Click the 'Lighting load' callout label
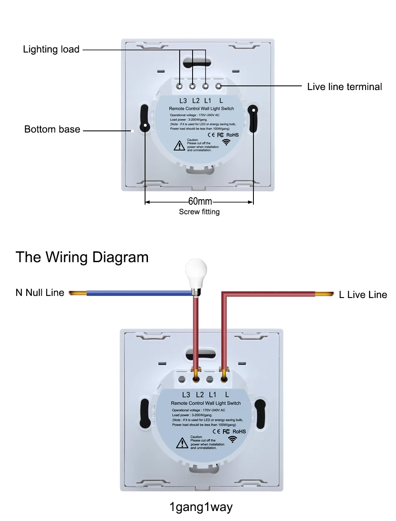(51, 49)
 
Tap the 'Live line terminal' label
(344, 87)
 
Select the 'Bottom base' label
(52, 129)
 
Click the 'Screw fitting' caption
(199, 212)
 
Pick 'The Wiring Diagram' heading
(82, 257)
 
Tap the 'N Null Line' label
(40, 293)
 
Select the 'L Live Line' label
(363, 295)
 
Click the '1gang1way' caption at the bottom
(201, 507)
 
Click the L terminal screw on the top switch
(218, 86)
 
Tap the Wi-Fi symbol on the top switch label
(226, 142)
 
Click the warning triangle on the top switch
(179, 146)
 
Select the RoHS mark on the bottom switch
(239, 431)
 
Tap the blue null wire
(138, 293)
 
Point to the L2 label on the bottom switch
(200, 395)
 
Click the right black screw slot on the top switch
(253, 118)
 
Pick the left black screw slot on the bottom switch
(145, 413)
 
